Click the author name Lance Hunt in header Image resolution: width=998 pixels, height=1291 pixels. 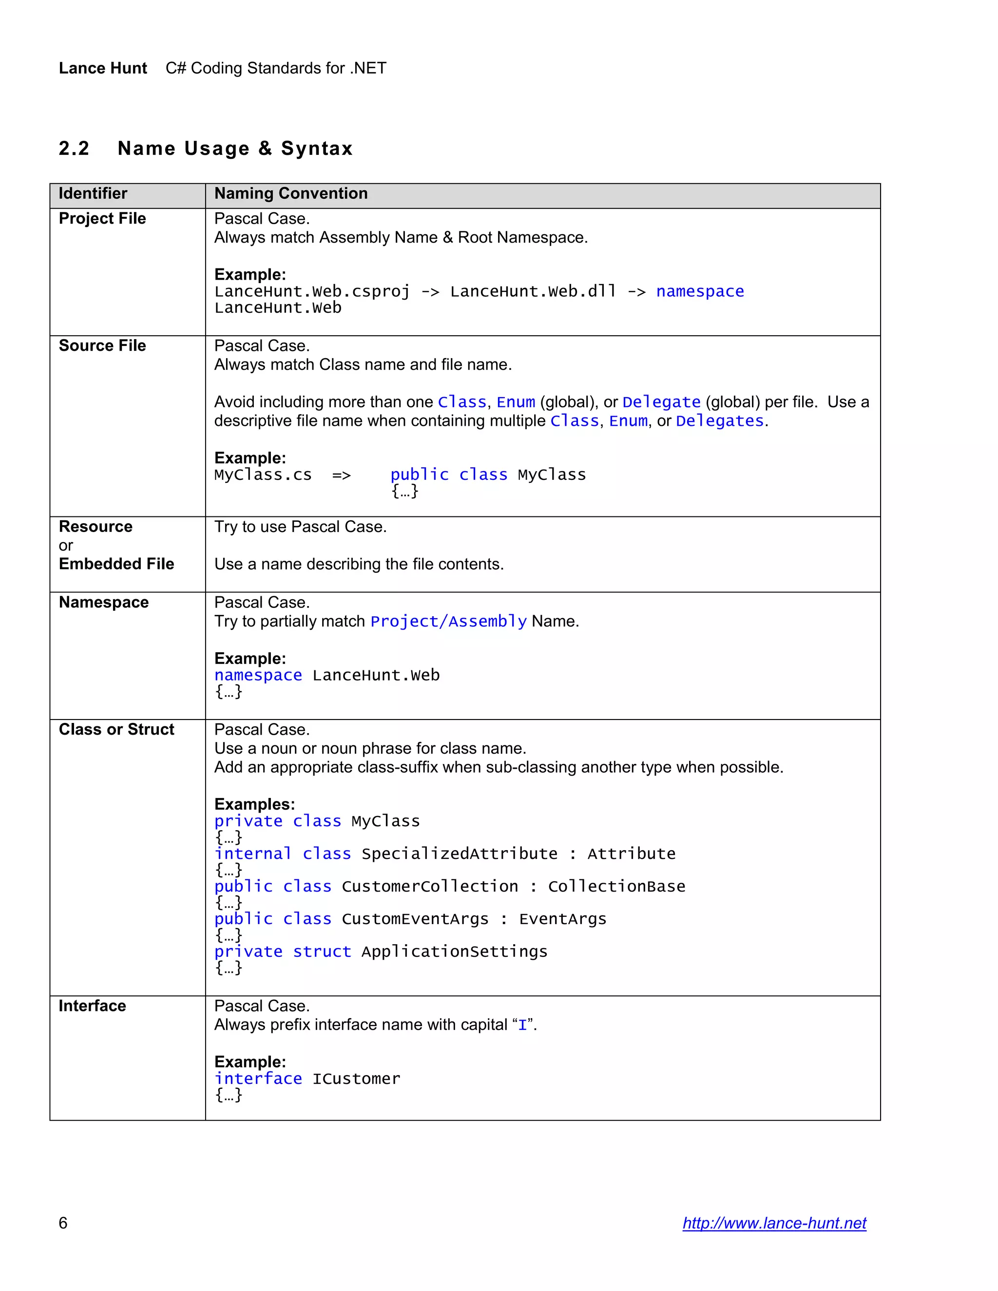[103, 68]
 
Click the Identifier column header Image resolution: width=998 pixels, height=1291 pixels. [93, 194]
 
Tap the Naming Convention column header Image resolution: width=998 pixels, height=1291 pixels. [291, 194]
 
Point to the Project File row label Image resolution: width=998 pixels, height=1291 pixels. [102, 219]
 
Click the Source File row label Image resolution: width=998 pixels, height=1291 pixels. [102, 346]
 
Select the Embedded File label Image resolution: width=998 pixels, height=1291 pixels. [116, 564]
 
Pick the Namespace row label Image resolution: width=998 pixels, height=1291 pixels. [103, 602]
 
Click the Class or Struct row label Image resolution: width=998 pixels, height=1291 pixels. [116, 729]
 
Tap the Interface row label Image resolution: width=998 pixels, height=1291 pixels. [92, 1006]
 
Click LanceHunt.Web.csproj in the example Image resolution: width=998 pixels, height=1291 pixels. [311, 291]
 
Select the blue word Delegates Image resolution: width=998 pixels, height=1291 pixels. [720, 421]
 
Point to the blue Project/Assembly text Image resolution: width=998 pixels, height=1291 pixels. [448, 621]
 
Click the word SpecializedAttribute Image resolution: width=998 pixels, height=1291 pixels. [460, 854]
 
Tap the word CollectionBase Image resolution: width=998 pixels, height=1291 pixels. [616, 886]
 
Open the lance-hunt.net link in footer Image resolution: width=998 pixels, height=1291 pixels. [774, 1223]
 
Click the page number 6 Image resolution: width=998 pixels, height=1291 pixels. [63, 1223]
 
